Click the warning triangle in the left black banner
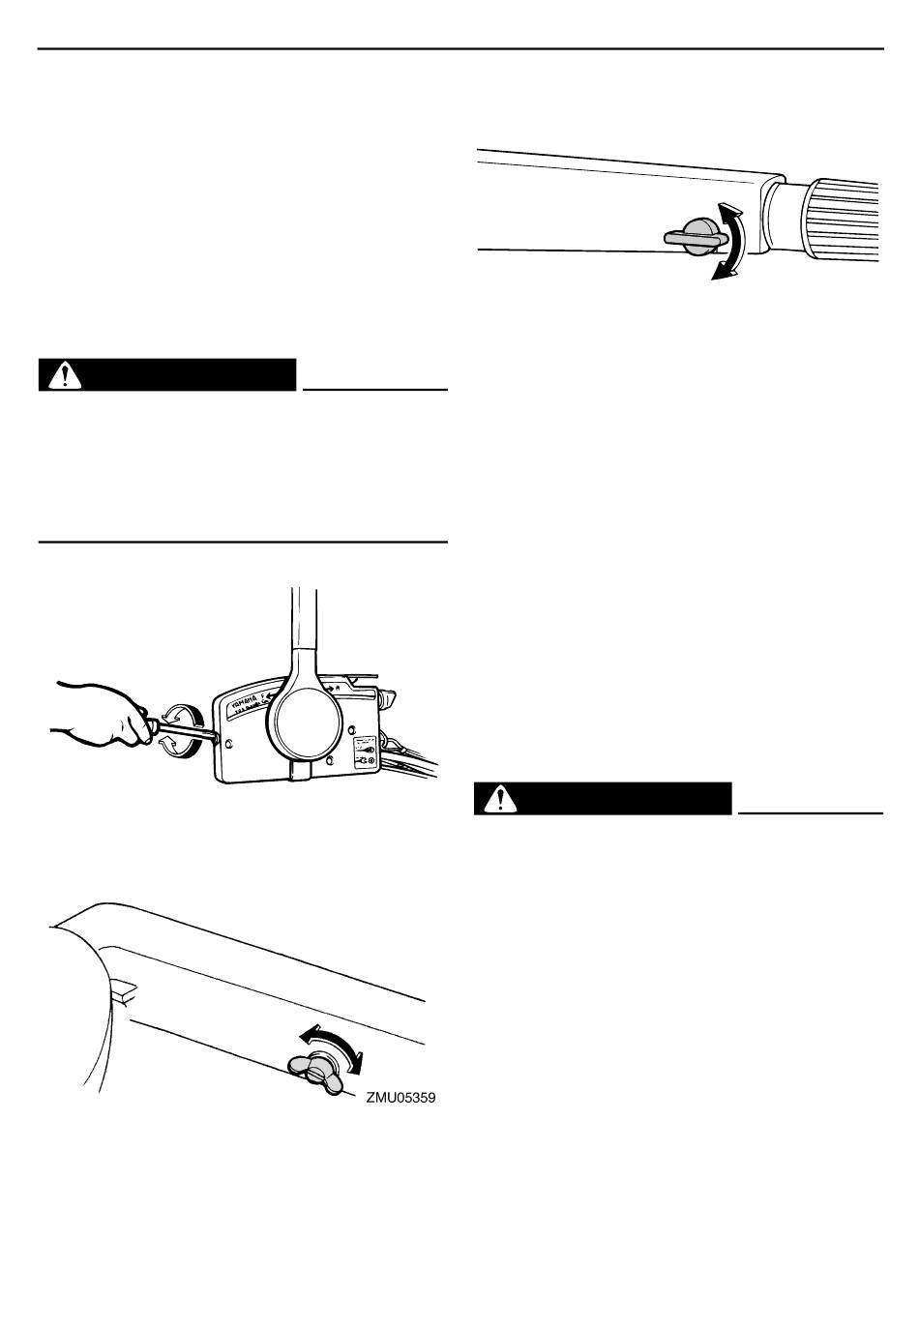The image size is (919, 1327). click(x=65, y=375)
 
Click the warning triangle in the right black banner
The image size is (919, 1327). click(x=500, y=799)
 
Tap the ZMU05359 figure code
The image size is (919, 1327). click(x=400, y=1098)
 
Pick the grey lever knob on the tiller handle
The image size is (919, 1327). click(x=696, y=235)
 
